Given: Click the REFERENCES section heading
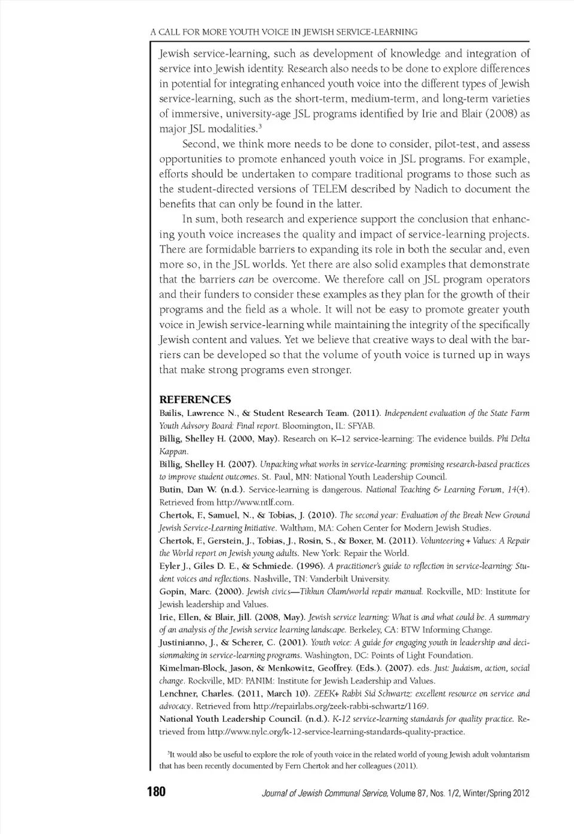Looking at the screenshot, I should coord(195,400).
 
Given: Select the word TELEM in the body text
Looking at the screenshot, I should coord(328,189).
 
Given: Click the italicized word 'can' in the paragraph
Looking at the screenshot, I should coord(246,280).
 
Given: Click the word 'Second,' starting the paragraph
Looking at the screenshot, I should coord(200,144).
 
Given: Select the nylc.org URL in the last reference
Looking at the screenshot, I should coord(335,732).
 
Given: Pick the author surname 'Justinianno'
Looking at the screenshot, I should coord(183,643).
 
